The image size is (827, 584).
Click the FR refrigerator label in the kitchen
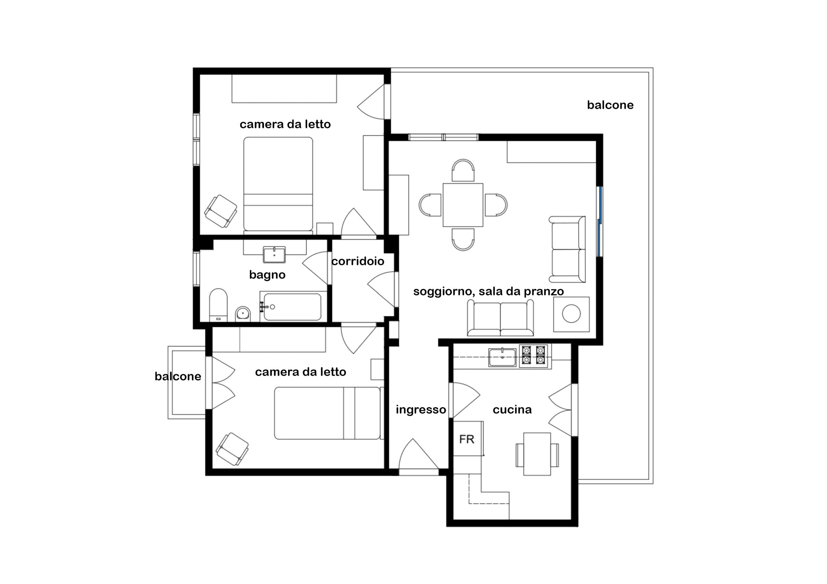[467, 439]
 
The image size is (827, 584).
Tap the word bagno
[267, 275]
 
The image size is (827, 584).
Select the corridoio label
[358, 261]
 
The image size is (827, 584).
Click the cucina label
[512, 409]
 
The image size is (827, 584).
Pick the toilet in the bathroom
[218, 305]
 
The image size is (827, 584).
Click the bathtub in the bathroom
[292, 307]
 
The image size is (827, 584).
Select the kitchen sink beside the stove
[502, 357]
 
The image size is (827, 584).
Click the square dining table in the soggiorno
[463, 205]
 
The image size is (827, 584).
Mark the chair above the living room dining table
[463, 170]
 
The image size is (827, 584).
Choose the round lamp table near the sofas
[571, 314]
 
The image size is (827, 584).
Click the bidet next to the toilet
[243, 314]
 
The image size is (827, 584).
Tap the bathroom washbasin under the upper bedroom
[274, 254]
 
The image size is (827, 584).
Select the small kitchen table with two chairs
[537, 454]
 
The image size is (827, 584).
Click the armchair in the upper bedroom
[221, 211]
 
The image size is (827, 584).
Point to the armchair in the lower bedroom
[232, 449]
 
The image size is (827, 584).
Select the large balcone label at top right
[610, 105]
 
